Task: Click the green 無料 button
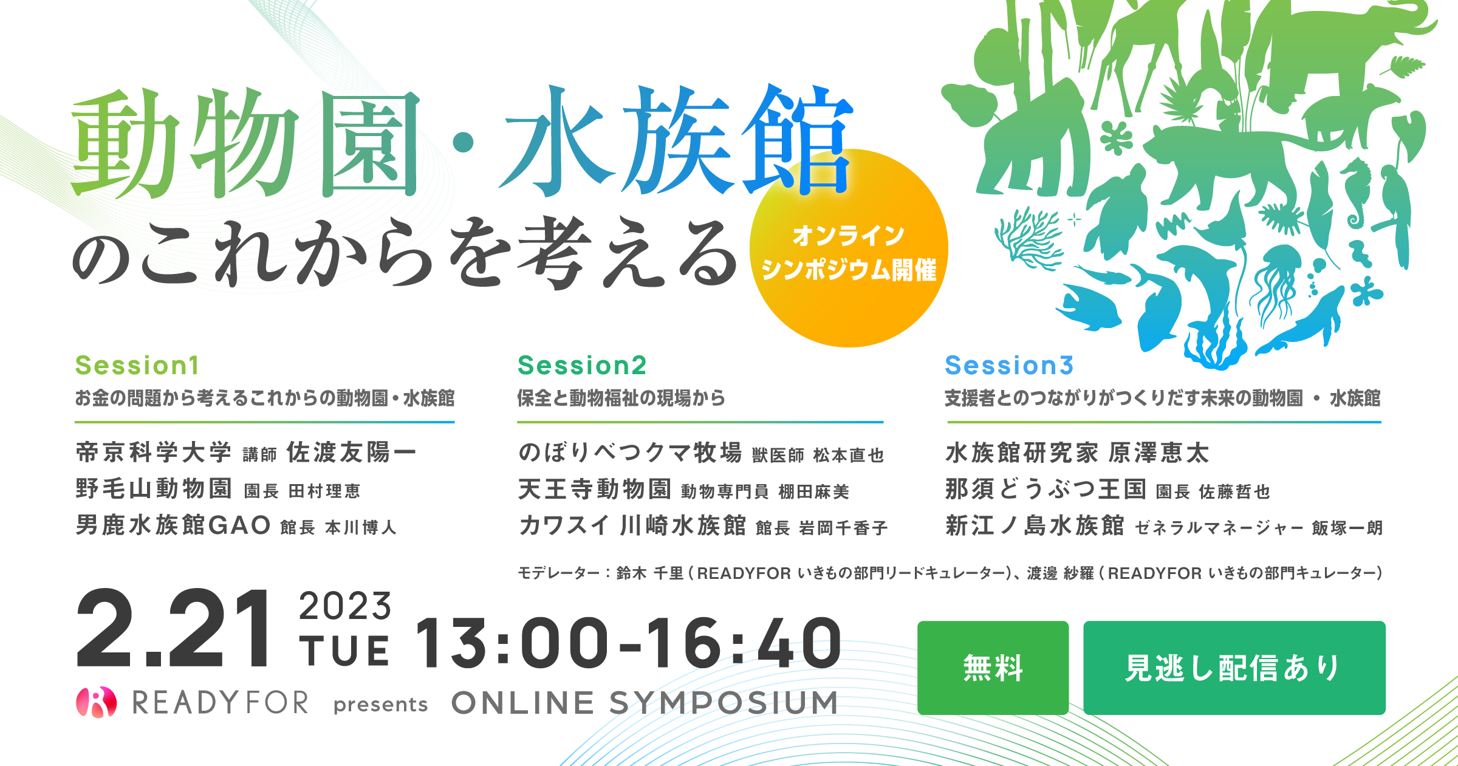[993, 668]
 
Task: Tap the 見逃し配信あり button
[1234, 668]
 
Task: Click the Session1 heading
[137, 366]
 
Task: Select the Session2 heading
[582, 366]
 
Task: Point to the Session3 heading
[1009, 366]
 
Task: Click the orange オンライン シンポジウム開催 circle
[849, 249]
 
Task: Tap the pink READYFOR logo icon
[96, 702]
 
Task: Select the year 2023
[345, 606]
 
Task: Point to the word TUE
[344, 651]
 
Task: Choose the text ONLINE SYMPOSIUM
[645, 703]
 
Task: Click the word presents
[381, 705]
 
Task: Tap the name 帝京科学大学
[154, 453]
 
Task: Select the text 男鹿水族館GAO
[173, 525]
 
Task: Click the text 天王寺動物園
[595, 489]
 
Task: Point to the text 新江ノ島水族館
[1035, 525]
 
